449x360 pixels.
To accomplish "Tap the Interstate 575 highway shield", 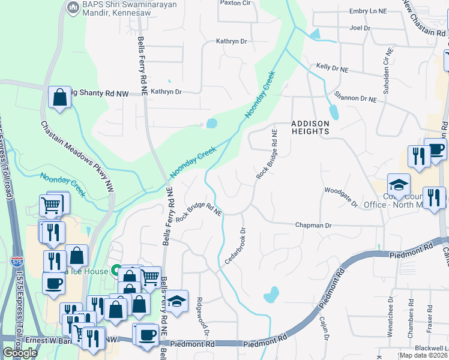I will click(17, 262).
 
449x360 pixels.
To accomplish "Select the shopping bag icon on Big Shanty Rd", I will click(60, 98).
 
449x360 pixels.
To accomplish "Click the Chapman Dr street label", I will click(313, 225).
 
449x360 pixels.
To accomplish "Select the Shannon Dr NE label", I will click(355, 96).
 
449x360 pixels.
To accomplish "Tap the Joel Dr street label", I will click(360, 28).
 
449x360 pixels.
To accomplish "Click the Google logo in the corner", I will click(20, 353).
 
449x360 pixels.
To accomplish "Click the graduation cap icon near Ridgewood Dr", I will click(177, 302).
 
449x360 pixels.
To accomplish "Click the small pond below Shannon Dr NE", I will click(333, 111).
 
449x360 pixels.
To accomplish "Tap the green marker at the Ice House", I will click(113, 271).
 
